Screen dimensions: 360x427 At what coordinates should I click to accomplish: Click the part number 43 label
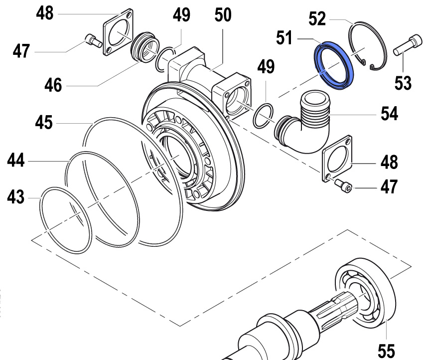point(15,197)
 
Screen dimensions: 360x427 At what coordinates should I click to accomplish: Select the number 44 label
point(16,161)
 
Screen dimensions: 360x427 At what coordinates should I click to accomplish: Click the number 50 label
point(223,15)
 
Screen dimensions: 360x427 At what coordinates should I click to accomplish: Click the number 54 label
point(389,114)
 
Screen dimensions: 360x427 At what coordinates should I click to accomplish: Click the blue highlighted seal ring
point(333,65)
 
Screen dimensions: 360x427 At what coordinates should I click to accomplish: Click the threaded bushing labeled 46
point(145,47)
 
